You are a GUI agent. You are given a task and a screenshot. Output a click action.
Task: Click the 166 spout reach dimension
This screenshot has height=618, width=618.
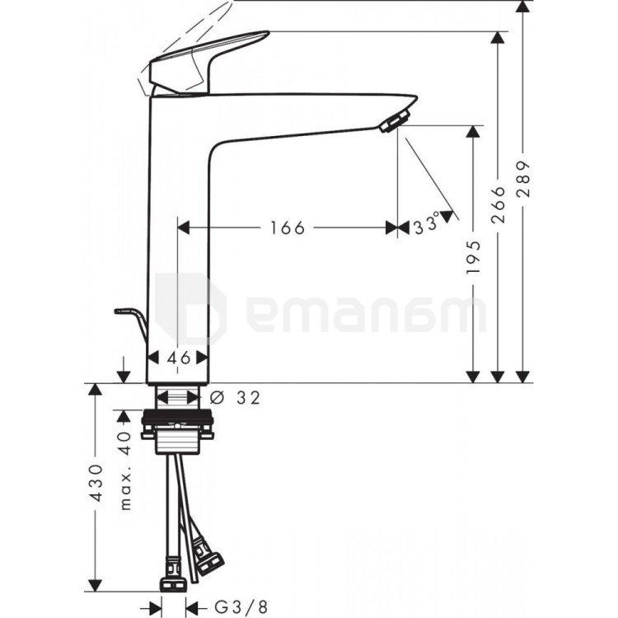(x=288, y=227)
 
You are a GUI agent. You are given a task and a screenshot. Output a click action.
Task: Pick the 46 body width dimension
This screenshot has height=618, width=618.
(x=178, y=358)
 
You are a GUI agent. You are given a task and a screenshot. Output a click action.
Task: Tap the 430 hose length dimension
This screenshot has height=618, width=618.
(x=96, y=483)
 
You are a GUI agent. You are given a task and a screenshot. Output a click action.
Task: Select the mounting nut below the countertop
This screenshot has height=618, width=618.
(x=179, y=429)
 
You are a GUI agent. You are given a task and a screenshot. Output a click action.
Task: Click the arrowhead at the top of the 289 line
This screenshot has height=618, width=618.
(x=522, y=7)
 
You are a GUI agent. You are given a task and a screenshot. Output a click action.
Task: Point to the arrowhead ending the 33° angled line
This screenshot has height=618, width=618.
(x=447, y=216)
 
